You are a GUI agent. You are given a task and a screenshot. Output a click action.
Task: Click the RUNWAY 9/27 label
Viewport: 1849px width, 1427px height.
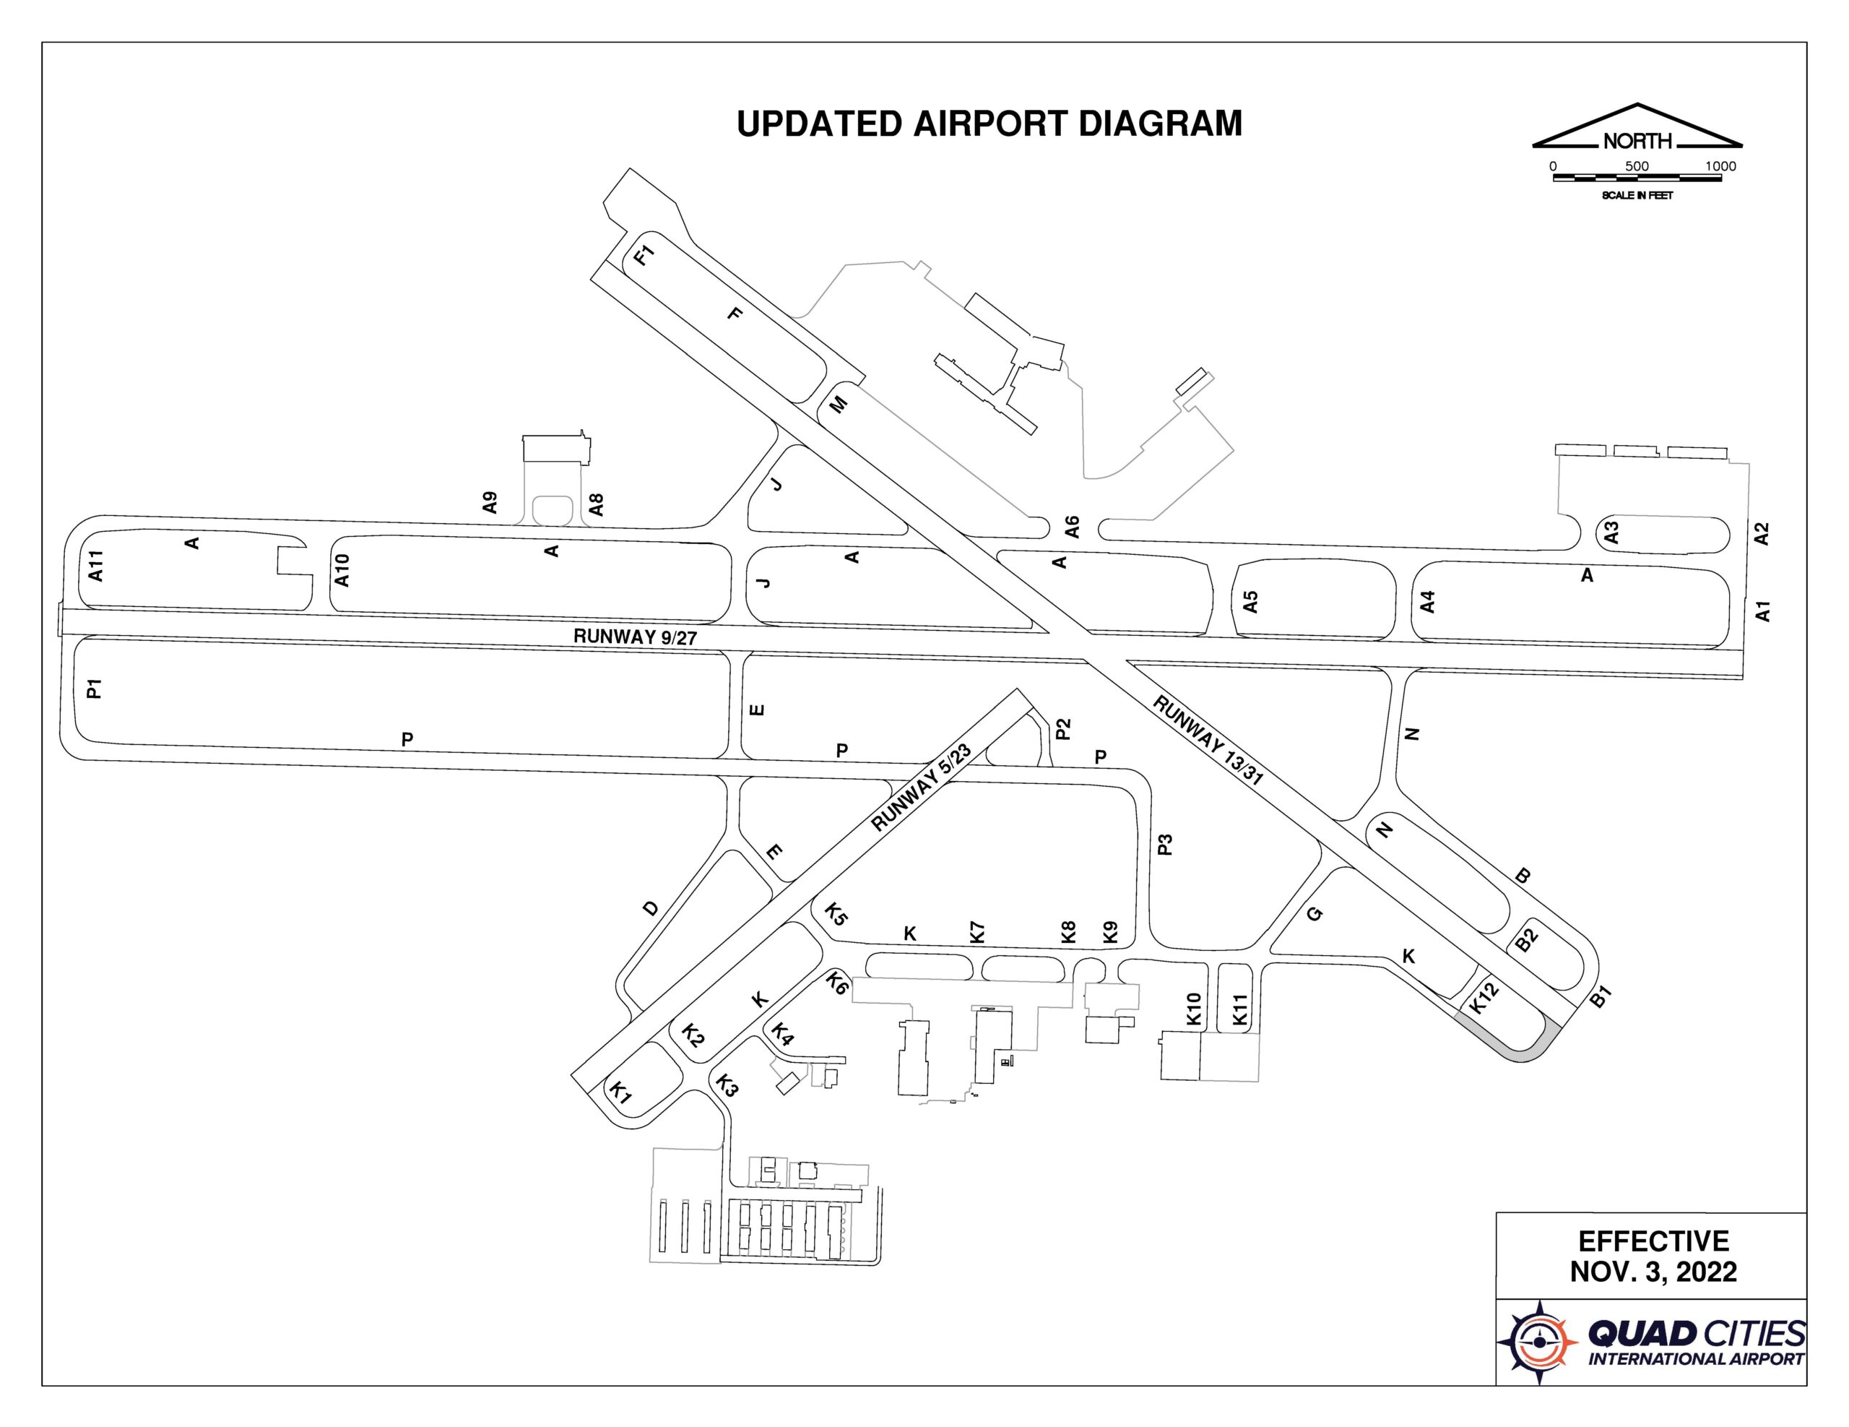635,637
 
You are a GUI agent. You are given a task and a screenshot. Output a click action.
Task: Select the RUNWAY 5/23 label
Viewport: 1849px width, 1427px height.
921,788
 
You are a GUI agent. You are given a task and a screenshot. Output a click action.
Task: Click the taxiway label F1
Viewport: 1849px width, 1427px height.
645,255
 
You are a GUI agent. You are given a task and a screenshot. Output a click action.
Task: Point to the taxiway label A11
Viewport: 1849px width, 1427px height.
95,566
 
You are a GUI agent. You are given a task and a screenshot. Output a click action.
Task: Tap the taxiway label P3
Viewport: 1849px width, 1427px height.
1165,845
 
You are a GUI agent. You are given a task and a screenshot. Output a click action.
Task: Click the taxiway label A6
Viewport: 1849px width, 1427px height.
1072,527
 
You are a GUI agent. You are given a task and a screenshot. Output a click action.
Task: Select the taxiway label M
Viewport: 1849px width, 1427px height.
838,405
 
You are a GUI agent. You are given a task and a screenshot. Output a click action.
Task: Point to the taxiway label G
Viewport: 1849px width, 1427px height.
1314,914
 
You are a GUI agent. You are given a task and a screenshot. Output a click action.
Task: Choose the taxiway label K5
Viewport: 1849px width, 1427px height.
836,915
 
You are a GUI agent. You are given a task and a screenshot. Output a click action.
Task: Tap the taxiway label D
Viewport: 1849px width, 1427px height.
650,909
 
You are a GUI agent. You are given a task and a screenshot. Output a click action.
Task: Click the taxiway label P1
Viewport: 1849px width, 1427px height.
95,689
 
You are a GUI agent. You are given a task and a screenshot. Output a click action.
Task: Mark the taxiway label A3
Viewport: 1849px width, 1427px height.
1611,533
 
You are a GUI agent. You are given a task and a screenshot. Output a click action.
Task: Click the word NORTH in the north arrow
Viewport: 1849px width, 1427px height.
1637,141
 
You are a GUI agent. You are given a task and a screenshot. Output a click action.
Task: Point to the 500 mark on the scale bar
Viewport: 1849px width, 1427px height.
1637,166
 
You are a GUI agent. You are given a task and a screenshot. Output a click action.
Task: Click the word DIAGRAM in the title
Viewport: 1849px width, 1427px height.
1160,124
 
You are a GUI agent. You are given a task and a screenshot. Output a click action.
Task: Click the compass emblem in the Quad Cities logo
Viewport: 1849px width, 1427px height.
1538,1342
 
